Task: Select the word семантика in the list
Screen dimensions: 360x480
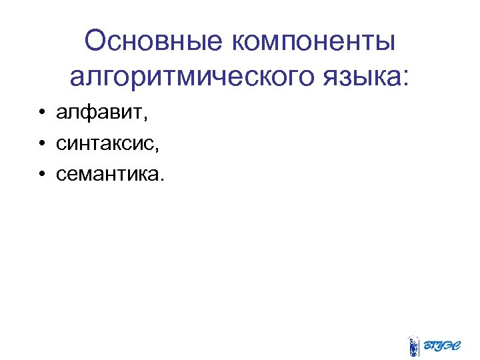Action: pos(107,175)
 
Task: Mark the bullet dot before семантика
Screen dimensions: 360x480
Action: pos(41,175)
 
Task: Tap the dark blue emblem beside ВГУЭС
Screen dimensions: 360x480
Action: pos(414,345)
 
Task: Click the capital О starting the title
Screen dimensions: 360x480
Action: pos(97,43)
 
